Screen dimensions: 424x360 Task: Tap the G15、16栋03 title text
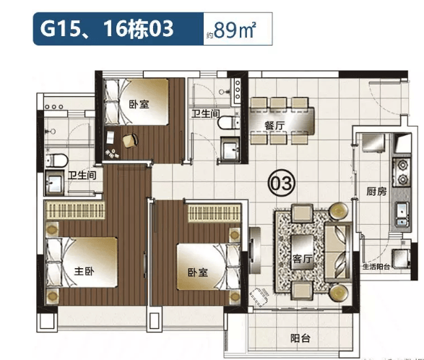(x=107, y=29)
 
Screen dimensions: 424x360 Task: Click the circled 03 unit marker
(x=281, y=183)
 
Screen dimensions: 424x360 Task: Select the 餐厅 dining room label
(x=274, y=126)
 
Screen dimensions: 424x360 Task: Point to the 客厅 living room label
(x=303, y=259)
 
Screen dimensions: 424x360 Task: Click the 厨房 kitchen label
(x=376, y=192)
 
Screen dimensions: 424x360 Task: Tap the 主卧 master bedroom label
(x=85, y=270)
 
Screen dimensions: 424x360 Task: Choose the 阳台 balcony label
(x=300, y=338)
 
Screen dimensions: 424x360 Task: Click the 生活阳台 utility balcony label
(x=376, y=267)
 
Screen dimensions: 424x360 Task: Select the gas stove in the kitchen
(x=402, y=172)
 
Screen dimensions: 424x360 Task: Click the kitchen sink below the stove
(x=402, y=214)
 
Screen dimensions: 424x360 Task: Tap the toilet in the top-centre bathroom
(x=228, y=122)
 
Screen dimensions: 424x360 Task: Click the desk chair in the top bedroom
(x=130, y=140)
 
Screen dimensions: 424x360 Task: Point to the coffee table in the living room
(x=303, y=252)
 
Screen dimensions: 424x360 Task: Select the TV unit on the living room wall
(x=254, y=249)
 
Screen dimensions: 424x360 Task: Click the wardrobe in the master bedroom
(x=74, y=210)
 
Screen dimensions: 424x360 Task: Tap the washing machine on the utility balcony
(x=401, y=258)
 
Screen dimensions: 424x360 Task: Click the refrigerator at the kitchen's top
(x=373, y=142)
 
